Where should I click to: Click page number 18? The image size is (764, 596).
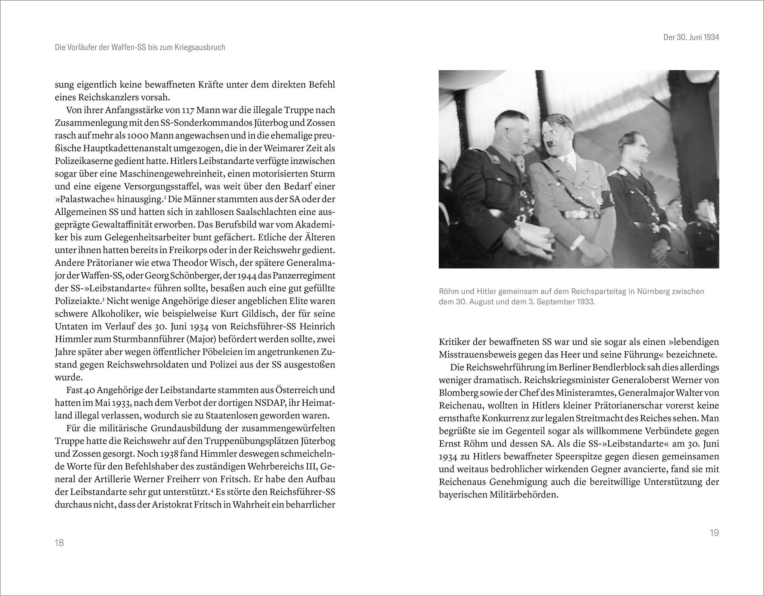[59, 543]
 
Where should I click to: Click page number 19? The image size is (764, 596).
[714, 533]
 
